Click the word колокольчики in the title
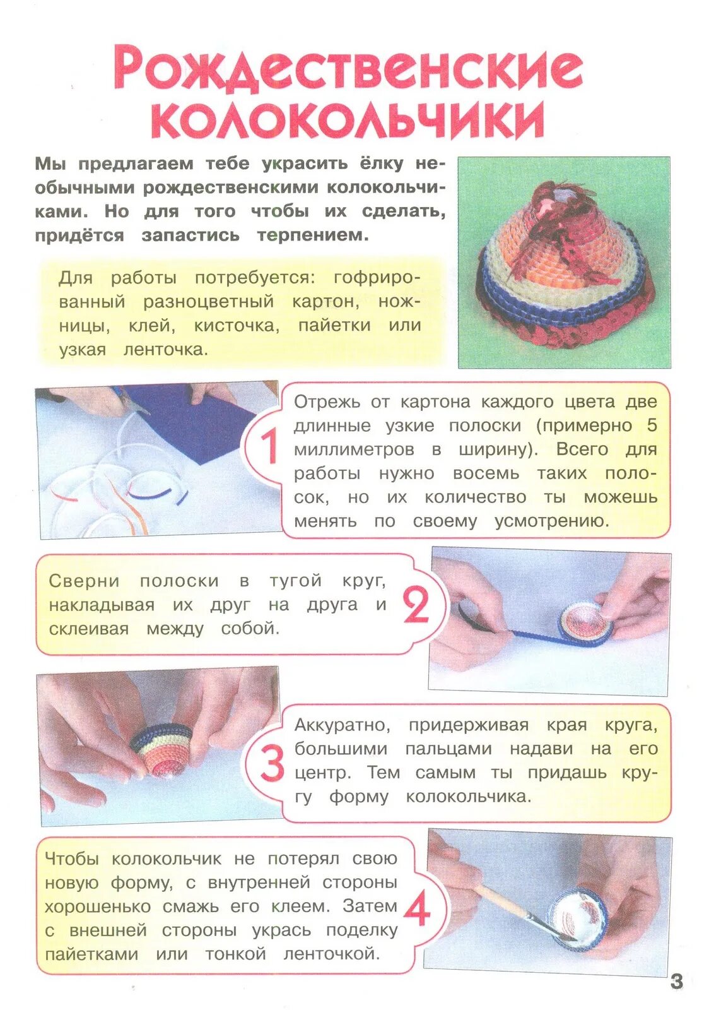point(348,119)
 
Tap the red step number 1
point(269,446)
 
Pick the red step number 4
point(417,910)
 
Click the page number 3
point(676,981)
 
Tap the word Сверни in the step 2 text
point(85,581)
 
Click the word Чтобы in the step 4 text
point(71,858)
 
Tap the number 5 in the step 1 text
point(652,425)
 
